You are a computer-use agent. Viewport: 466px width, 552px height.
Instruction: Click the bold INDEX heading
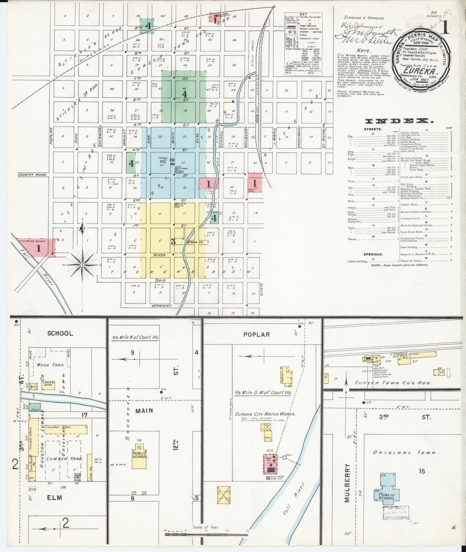(398, 121)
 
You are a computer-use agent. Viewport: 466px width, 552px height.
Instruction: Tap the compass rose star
(82, 265)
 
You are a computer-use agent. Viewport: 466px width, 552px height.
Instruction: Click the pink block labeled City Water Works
(39, 248)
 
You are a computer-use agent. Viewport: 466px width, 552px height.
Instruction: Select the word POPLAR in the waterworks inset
(256, 335)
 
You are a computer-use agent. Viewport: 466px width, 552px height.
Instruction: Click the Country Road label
(32, 175)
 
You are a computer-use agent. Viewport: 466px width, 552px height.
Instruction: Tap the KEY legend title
(303, 15)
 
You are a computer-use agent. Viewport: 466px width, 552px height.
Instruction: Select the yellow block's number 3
(173, 241)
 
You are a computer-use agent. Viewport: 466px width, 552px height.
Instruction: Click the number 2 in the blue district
(172, 161)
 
